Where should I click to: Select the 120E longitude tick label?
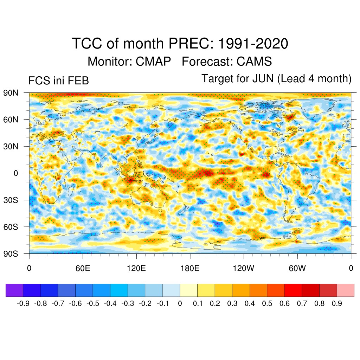[136, 269]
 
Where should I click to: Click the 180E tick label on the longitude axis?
[190, 269]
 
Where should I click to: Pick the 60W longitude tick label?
[297, 269]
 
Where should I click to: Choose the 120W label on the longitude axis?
[244, 269]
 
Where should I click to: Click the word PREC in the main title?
[191, 44]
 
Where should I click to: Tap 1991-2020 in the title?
[253, 44]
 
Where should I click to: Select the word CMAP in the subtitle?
[154, 62]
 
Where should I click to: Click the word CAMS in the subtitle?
[254, 62]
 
